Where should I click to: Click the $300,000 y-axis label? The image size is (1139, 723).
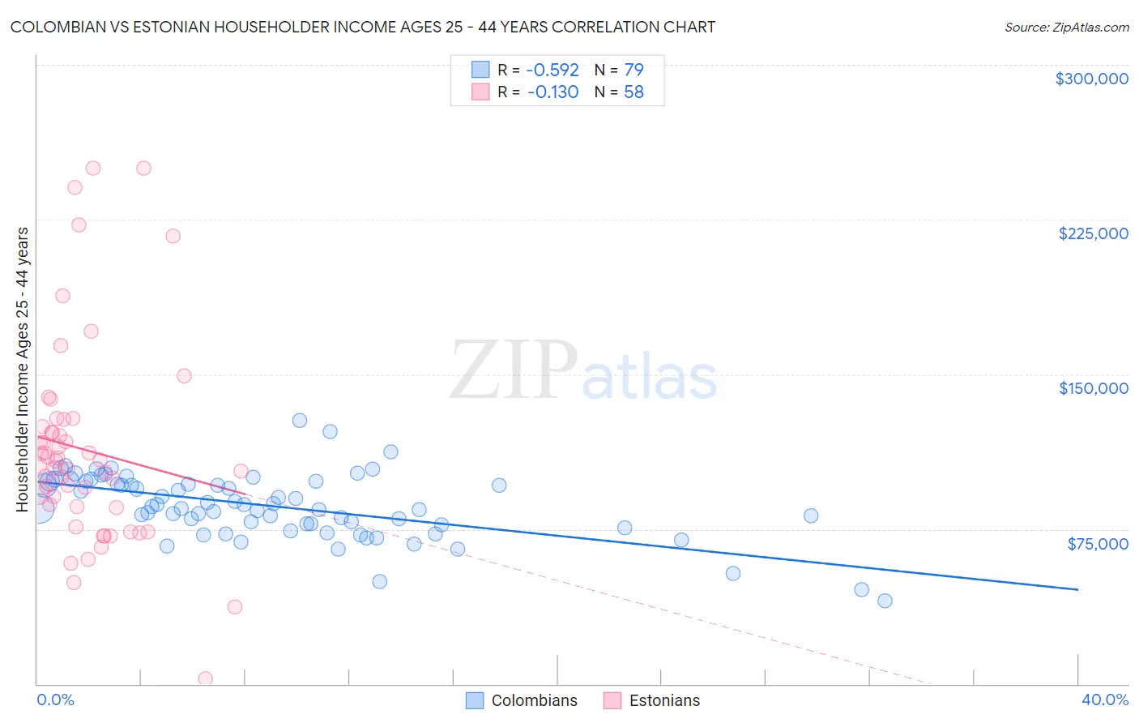(x=1091, y=79)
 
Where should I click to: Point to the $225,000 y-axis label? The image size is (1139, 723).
(x=1093, y=233)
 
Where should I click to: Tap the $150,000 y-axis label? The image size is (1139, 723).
(x=1093, y=388)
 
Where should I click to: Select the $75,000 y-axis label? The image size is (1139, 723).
(x=1097, y=544)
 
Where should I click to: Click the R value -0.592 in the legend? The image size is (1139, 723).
(x=552, y=71)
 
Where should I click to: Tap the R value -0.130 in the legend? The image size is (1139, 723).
(x=552, y=92)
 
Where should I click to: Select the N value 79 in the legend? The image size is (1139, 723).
(x=633, y=71)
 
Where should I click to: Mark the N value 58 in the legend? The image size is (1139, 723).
(x=633, y=92)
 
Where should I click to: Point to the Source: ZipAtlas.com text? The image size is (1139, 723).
(x=1066, y=28)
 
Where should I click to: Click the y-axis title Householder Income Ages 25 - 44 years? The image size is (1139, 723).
(x=23, y=370)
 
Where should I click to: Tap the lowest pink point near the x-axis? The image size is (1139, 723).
(x=206, y=678)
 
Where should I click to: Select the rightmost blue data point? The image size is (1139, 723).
(x=885, y=601)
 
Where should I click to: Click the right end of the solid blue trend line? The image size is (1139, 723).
(x=1077, y=589)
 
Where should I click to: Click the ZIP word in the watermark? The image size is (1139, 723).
(x=513, y=370)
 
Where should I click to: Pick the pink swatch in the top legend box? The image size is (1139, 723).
(x=480, y=92)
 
